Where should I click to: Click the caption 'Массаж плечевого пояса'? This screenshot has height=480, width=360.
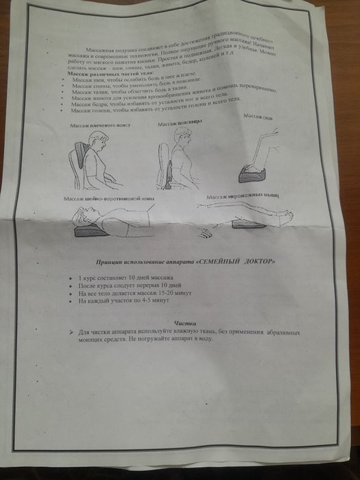coord(99,125)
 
